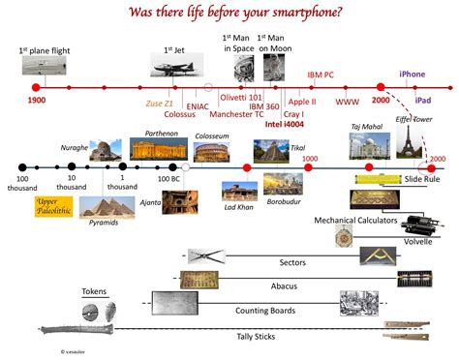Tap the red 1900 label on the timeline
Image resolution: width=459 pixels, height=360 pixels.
pyautogui.click(x=36, y=101)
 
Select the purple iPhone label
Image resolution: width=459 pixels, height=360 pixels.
pyautogui.click(x=413, y=73)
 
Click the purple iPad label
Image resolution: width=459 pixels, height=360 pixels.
pyautogui.click(x=422, y=101)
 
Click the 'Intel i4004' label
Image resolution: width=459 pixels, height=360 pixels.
pyautogui.click(x=285, y=124)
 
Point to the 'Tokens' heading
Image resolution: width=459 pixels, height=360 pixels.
pyautogui.click(x=94, y=290)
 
